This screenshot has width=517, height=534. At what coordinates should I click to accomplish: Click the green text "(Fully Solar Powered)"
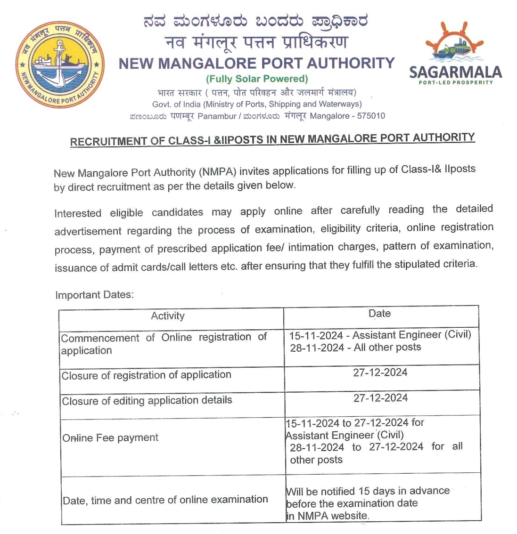pos(257,79)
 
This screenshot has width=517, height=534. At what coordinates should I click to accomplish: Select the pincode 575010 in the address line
pos(371,116)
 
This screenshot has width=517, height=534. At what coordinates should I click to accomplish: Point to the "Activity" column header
pos(168,316)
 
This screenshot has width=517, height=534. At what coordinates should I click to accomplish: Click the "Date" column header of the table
pos(380,314)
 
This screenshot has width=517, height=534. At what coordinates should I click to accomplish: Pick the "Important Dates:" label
pos(94,295)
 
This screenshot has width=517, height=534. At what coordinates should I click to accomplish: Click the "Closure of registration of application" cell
pos(147,375)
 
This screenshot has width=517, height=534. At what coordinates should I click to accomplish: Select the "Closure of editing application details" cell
pos(147,401)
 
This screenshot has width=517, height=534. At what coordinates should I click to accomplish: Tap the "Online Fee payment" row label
pos(110,438)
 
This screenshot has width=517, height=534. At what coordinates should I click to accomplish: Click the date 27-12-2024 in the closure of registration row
pos(380,372)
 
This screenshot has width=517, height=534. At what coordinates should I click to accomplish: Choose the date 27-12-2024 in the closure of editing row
pos(381,398)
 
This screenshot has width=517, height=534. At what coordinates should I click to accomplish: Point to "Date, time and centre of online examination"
pos(165,500)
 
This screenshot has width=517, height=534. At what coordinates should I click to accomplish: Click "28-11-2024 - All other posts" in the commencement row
pos(355,348)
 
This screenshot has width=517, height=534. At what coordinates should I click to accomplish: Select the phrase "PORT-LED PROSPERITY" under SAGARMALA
pos(455,83)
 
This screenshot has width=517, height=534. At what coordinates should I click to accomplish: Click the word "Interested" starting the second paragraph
pos(78,213)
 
